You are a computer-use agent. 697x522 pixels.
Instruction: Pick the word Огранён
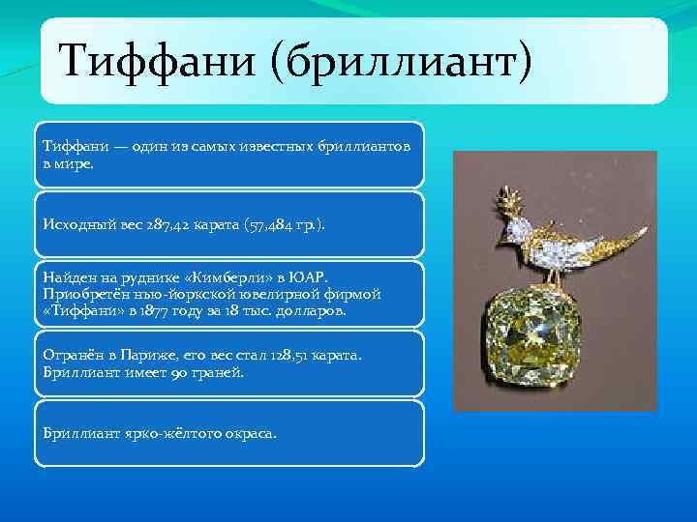[x=72, y=355]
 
